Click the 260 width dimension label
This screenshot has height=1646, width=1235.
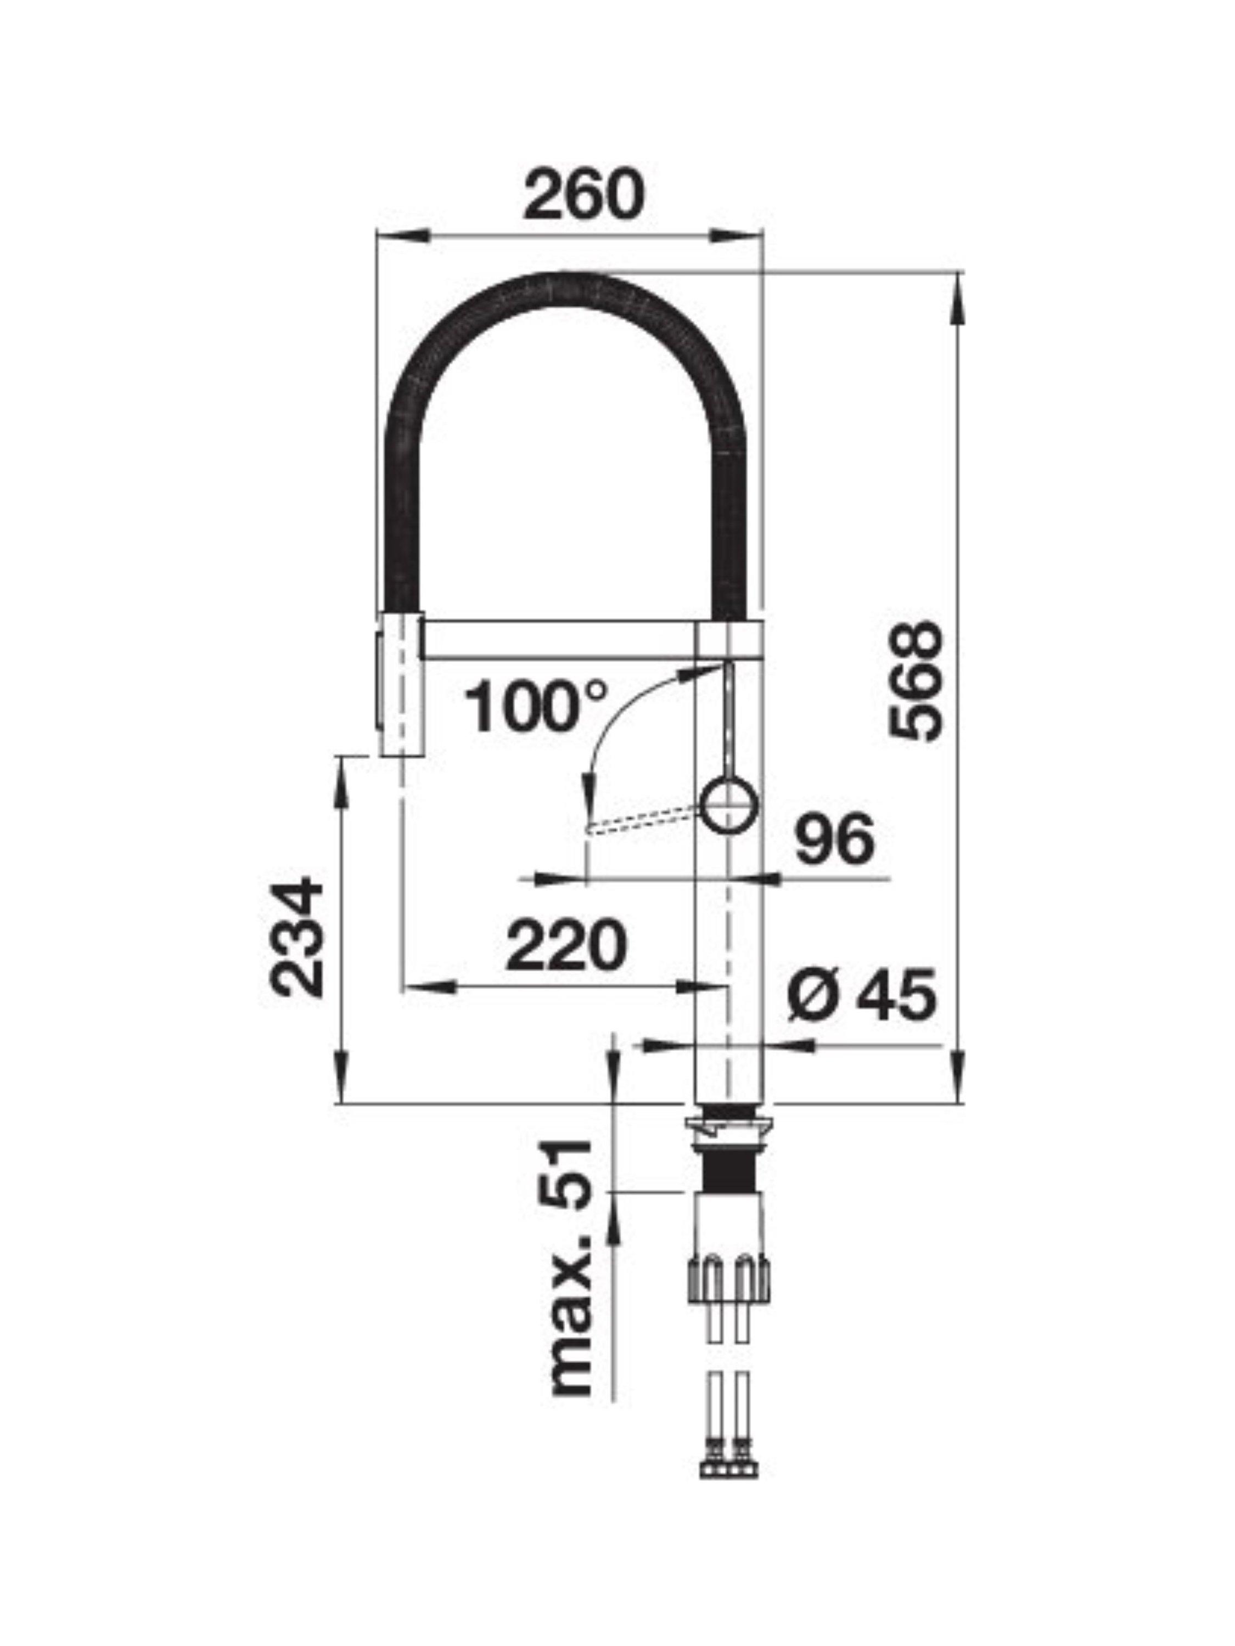click(582, 194)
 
